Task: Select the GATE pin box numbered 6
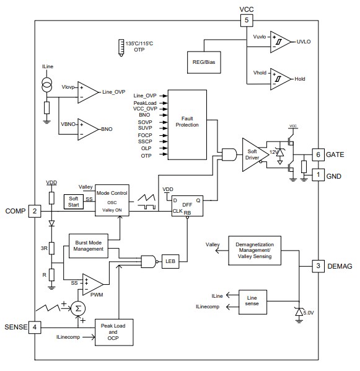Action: tap(317, 154)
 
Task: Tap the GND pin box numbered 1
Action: tap(317, 175)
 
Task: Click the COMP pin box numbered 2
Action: tap(35, 212)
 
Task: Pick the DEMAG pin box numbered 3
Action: tap(317, 266)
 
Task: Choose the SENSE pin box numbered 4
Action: tap(35, 326)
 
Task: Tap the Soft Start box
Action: tap(74, 200)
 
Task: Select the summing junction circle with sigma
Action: tap(76, 308)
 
